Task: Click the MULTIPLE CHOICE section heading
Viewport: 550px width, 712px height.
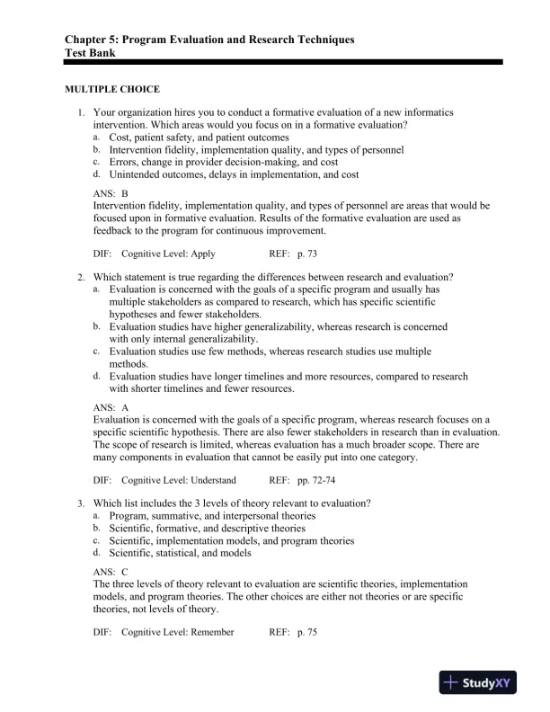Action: tap(112, 89)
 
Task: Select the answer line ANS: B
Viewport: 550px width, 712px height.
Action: tap(111, 193)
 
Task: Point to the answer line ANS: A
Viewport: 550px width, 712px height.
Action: tap(111, 407)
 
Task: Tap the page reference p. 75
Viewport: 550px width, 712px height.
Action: tap(306, 632)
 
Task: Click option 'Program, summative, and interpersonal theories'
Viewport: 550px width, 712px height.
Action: tap(212, 516)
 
